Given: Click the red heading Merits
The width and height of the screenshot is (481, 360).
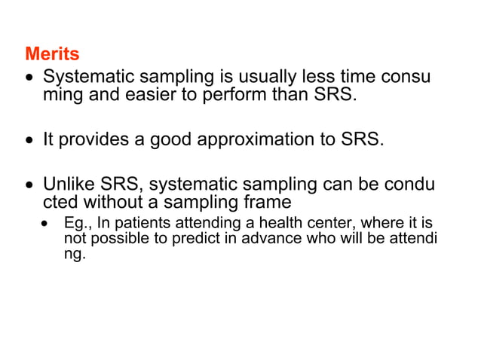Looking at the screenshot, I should coord(52,55).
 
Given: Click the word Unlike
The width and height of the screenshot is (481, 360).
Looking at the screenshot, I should coord(66,184).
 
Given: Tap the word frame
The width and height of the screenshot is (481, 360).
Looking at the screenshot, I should coord(267,203).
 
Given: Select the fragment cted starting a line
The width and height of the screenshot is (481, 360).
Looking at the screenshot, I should coord(60,203).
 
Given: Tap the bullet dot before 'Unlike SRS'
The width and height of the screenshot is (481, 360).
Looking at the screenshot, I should coord(29,185).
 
